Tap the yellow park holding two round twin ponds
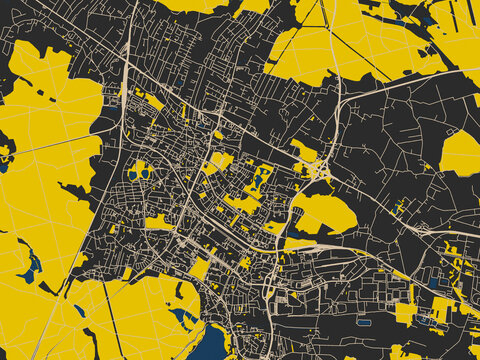[140, 172]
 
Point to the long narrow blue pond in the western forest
[30, 264]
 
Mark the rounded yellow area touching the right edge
[461, 153]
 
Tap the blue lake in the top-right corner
[428, 15]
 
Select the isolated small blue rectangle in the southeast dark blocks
[363, 322]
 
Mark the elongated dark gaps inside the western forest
[75, 190]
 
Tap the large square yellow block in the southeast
[405, 313]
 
